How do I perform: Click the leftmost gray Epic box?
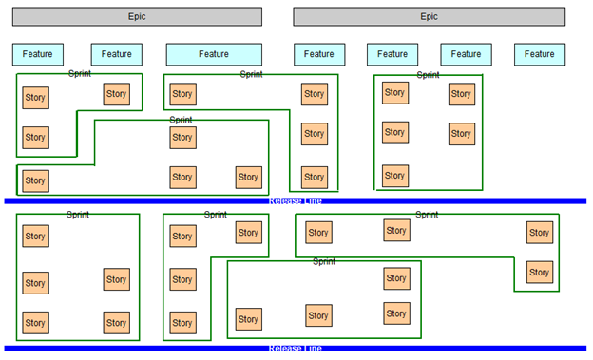tap(138, 16)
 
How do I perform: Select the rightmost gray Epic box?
tap(430, 16)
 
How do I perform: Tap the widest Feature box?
tap(214, 54)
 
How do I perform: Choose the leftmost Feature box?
tap(38, 54)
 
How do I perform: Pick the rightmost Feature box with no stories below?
tap(540, 54)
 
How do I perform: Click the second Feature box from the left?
tap(117, 54)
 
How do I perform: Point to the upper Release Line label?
tap(295, 200)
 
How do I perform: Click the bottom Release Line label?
tap(295, 349)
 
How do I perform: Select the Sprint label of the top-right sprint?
tap(428, 75)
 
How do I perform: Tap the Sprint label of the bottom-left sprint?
tap(78, 215)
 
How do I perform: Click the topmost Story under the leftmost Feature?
tap(35, 97)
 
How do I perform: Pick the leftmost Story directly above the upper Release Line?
tap(35, 180)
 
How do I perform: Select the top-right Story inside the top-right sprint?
tap(461, 94)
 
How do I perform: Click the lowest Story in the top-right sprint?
tap(394, 176)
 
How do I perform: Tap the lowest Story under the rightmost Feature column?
tap(539, 273)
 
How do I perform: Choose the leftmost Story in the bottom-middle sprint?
tap(248, 318)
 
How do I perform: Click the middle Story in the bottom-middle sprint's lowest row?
tap(318, 315)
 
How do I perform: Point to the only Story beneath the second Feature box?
tap(116, 93)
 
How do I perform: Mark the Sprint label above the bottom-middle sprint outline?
tap(324, 260)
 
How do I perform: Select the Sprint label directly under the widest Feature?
tap(251, 74)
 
